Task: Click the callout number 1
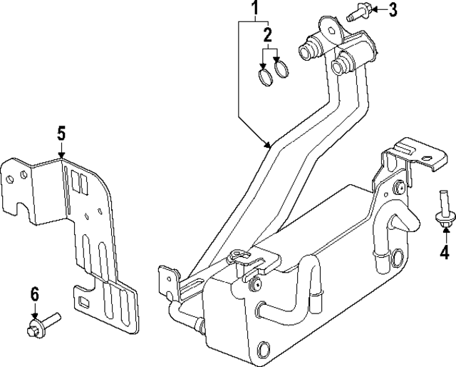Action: (253, 9)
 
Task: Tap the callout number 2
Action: (268, 35)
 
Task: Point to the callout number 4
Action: (444, 251)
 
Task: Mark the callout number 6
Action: (33, 293)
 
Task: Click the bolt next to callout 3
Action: (357, 12)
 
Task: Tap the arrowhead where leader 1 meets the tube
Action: (269, 144)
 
